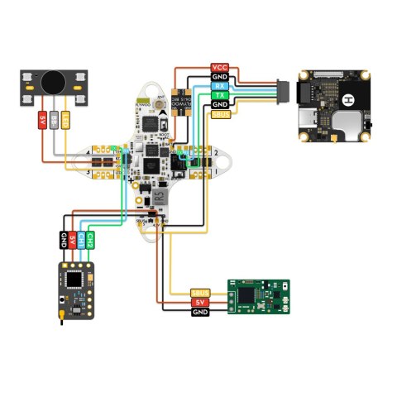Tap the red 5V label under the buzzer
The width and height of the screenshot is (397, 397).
[x=41, y=121]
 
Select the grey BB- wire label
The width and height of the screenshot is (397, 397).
[x=55, y=121]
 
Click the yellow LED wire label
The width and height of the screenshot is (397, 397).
[x=67, y=121]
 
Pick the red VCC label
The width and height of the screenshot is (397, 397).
[x=220, y=67]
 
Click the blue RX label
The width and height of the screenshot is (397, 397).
[x=220, y=86]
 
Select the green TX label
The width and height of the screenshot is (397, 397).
[x=220, y=96]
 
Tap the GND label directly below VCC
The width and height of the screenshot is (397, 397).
[x=220, y=76]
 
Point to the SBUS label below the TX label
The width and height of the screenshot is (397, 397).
[x=220, y=115]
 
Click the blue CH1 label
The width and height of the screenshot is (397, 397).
[x=81, y=241]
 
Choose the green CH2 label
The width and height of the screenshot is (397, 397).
[x=90, y=241]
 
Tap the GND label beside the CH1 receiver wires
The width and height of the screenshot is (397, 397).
[x=63, y=241]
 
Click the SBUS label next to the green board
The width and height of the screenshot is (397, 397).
[x=200, y=293]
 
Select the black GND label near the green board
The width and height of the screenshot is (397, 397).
[x=200, y=312]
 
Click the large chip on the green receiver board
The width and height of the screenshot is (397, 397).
[x=246, y=295]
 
